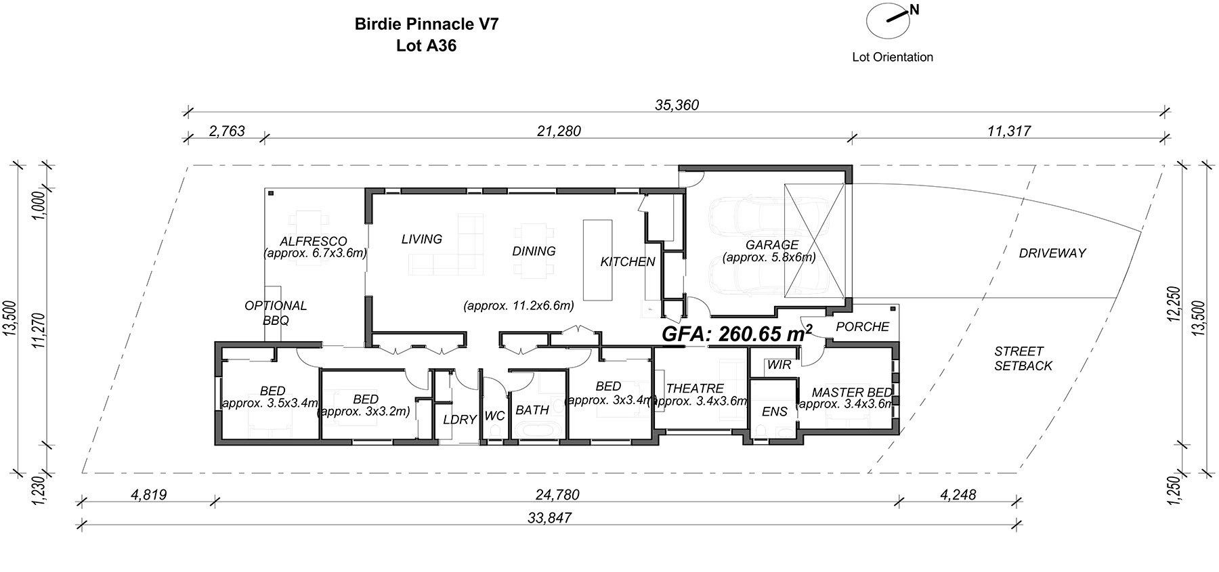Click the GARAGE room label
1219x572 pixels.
(x=771, y=245)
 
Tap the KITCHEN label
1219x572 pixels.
(x=628, y=262)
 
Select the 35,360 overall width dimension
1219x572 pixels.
(x=677, y=105)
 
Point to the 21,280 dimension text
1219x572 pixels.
(x=559, y=131)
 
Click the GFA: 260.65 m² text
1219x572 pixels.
(x=737, y=333)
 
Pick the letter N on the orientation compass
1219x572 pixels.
(x=914, y=9)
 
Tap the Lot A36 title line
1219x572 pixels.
(x=427, y=46)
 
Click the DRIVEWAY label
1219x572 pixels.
(x=1052, y=253)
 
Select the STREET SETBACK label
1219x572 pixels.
(x=1023, y=359)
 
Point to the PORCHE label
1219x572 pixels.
(x=862, y=327)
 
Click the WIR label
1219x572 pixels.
(x=779, y=365)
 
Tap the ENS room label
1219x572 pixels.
(x=775, y=412)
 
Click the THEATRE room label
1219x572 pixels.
(x=695, y=389)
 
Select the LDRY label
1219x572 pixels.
(x=460, y=420)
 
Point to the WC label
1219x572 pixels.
(x=495, y=416)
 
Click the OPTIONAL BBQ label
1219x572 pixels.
(x=276, y=313)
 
